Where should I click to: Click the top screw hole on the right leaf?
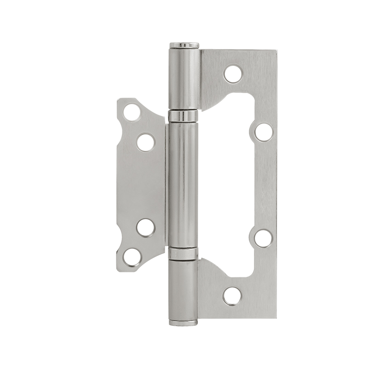click(233, 74)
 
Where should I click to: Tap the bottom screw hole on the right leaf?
click(232, 296)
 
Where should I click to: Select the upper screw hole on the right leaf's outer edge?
click(263, 132)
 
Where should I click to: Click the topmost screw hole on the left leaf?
click(132, 112)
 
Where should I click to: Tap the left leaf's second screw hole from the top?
click(145, 142)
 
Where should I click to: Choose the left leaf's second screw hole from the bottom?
click(145, 227)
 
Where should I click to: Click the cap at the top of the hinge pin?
click(184, 45)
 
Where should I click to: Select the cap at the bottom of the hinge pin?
click(184, 322)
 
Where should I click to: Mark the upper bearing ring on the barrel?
click(183, 116)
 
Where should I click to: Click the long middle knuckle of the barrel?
click(183, 184)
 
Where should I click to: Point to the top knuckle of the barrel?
click(184, 78)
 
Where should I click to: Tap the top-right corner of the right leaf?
click(276, 52)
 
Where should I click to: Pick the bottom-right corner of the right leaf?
click(275, 316)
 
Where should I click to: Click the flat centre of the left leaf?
click(140, 184)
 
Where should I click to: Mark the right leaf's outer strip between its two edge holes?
click(266, 184)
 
